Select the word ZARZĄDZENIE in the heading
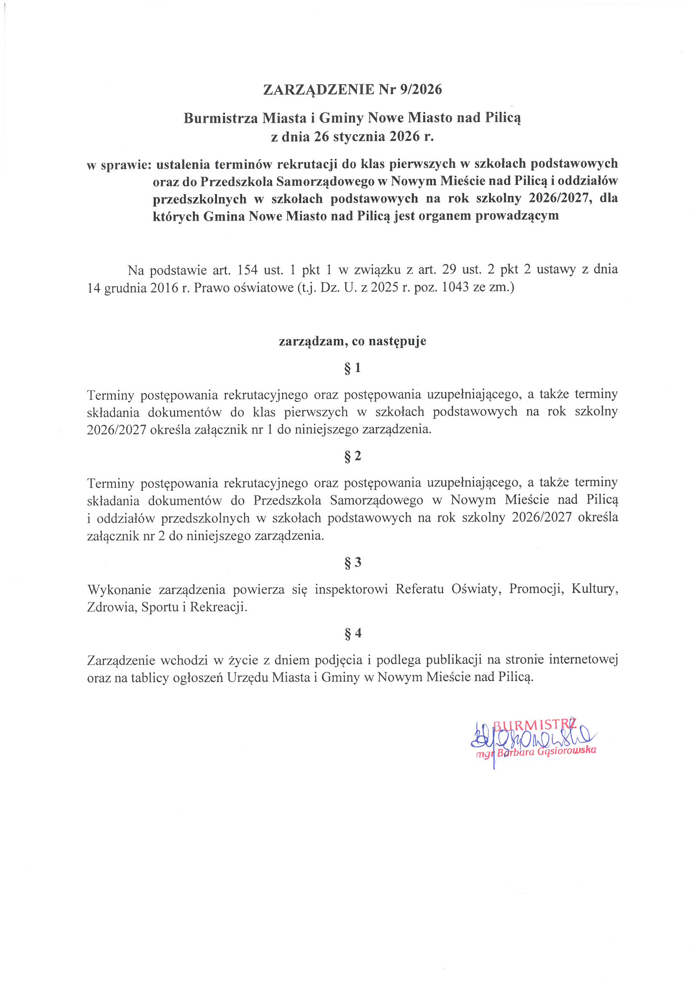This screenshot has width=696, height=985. coord(319,89)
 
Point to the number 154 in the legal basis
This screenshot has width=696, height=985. coord(248,270)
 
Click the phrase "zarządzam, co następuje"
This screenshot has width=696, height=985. coord(352,341)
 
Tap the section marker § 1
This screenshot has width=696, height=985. coord(352,368)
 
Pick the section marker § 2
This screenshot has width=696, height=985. coord(352,456)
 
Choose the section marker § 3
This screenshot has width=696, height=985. coord(352,562)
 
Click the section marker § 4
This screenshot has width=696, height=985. coord(352,633)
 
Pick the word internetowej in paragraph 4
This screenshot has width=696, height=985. coord(584,660)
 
